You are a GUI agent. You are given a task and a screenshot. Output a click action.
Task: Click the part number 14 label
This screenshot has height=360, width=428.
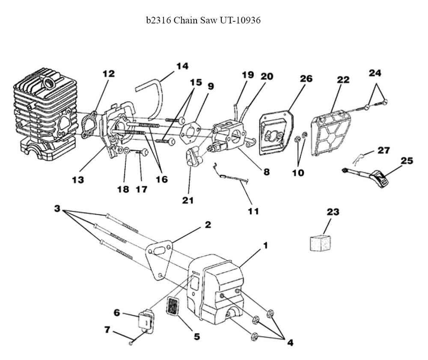182,66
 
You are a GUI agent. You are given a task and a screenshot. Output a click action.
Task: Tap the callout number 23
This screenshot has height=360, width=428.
333,212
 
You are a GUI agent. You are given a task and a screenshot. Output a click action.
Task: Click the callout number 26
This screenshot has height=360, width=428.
306,79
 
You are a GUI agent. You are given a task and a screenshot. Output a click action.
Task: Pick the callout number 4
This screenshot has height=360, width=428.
290,342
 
